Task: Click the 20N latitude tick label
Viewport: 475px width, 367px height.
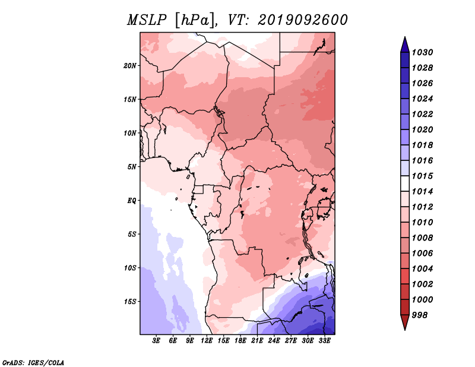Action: click(130, 66)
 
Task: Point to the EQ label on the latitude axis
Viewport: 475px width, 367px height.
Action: click(132, 201)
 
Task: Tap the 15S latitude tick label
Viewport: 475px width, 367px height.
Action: click(130, 302)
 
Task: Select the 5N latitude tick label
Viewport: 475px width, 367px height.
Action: click(132, 167)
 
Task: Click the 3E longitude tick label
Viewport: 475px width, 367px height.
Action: click(156, 341)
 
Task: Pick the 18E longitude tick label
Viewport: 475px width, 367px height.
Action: click(240, 341)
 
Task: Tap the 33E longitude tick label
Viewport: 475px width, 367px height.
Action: click(324, 341)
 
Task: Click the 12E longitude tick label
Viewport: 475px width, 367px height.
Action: click(207, 341)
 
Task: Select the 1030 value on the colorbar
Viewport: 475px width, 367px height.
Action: click(423, 52)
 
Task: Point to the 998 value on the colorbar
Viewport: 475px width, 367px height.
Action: click(420, 315)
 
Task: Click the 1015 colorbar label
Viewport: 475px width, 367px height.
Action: click(423, 176)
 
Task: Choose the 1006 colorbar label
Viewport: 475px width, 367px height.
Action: click(423, 254)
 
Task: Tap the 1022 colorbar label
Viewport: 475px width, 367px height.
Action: click(423, 114)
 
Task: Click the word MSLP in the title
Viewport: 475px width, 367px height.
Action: click(147, 20)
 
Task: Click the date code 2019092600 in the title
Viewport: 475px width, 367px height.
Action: click(303, 20)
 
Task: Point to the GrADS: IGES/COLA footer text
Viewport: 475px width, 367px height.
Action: click(33, 363)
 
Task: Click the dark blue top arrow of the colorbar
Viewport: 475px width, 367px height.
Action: click(405, 45)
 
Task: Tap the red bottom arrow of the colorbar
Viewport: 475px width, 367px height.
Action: click(405, 322)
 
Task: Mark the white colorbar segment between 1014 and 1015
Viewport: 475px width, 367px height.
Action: click(405, 183)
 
